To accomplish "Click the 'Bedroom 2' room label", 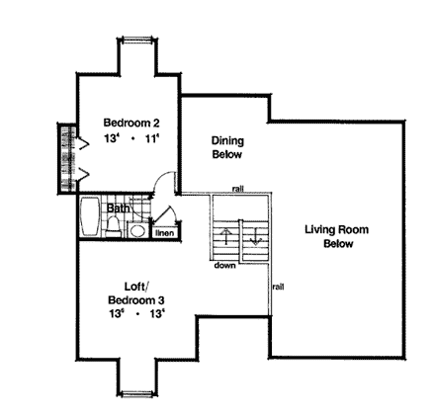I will tap(131, 123).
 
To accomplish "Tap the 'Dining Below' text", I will tap(226, 147).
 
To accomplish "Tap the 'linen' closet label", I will tap(164, 233).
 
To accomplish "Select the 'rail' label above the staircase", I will tap(239, 188).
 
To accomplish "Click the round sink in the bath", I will tap(137, 230).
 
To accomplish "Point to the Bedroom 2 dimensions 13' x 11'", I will tap(131, 139).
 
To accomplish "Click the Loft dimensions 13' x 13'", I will tap(136, 312).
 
